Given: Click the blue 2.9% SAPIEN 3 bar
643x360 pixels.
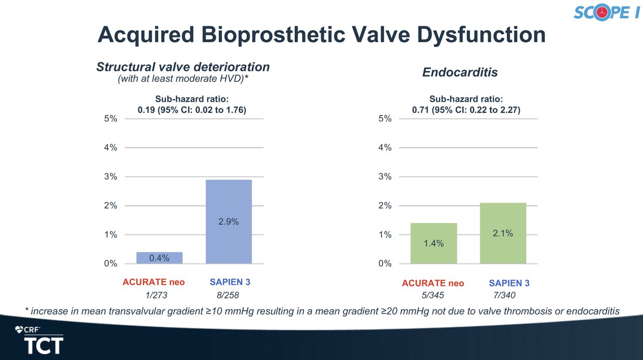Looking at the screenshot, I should coord(229,221).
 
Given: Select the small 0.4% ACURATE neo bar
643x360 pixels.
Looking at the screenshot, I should coord(160,258).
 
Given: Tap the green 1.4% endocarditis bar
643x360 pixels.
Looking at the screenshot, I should coord(433,243).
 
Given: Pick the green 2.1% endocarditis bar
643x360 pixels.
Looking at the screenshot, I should coord(503,233).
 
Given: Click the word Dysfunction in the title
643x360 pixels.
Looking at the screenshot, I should coord(470,35).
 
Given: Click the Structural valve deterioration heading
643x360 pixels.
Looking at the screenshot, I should coord(183,67).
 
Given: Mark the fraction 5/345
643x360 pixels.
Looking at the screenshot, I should coord(433,295).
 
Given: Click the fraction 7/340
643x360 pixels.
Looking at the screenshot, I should coord(503,295).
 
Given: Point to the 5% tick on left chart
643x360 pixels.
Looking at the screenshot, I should coord(110,119).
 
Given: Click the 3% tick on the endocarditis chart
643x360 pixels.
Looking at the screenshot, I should coord(385,177).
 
